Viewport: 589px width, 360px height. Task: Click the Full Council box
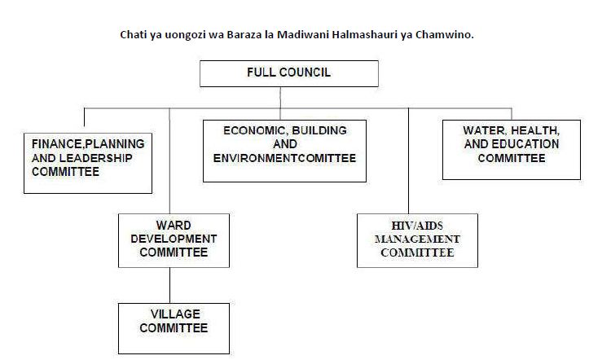coord(289,73)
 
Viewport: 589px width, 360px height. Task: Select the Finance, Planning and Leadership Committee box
coord(88,163)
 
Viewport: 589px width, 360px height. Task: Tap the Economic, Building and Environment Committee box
coord(285,151)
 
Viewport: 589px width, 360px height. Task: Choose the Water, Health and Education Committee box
coord(512,150)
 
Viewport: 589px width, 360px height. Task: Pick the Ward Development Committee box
coord(174,240)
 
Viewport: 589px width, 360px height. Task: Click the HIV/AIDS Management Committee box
coord(417,240)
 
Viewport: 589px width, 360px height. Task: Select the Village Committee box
coord(174,328)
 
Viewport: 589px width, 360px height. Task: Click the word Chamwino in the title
coord(445,34)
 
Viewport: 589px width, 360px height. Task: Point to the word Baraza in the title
coord(242,34)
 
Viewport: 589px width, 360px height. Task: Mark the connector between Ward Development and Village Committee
coord(169,285)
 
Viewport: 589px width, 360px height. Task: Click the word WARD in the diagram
coord(174,226)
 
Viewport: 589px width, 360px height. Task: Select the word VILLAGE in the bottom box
coord(175,314)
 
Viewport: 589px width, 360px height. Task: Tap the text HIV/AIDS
coord(417,226)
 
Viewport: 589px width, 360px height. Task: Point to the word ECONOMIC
coord(256,130)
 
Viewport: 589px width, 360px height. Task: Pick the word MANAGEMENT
coord(417,239)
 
